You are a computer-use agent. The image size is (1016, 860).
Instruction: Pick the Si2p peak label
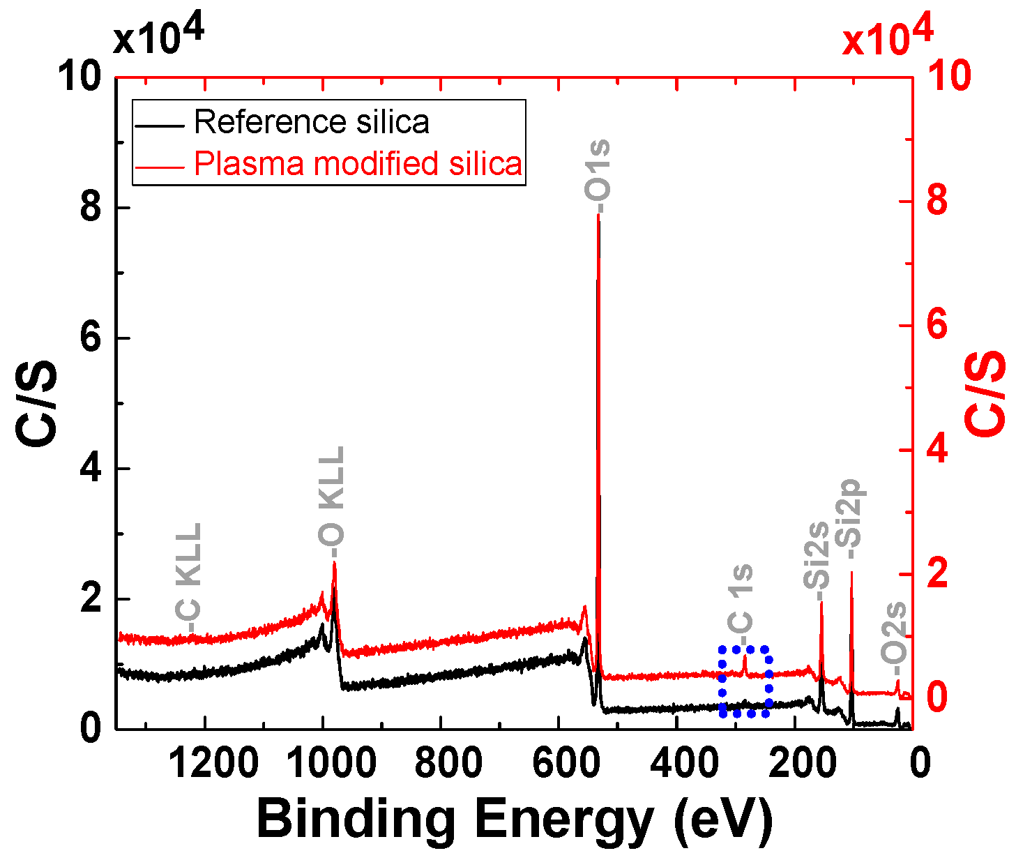pyautogui.click(x=851, y=520)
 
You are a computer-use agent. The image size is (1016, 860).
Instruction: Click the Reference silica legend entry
pyautogui.click(x=311, y=122)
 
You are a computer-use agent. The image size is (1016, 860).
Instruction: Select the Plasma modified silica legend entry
pyautogui.click(x=357, y=164)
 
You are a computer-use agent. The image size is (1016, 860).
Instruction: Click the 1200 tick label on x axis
pyautogui.click(x=213, y=762)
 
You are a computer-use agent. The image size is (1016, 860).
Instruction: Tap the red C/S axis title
pyautogui.click(x=986, y=394)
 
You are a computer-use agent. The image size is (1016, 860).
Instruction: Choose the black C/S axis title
pyautogui.click(x=36, y=402)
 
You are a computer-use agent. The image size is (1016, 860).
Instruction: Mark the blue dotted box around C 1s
pyautogui.click(x=745, y=681)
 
